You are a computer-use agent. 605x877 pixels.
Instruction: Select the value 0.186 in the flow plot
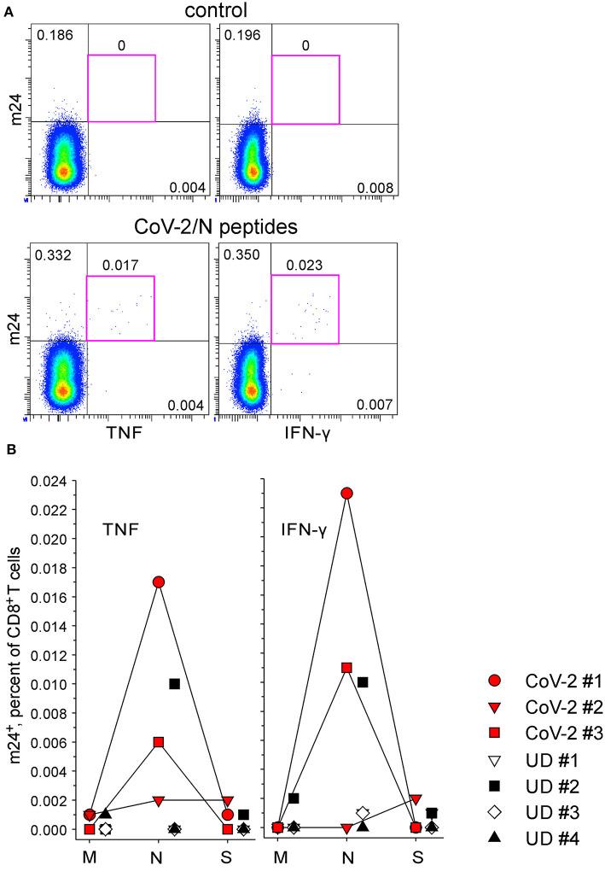[x=53, y=36]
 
